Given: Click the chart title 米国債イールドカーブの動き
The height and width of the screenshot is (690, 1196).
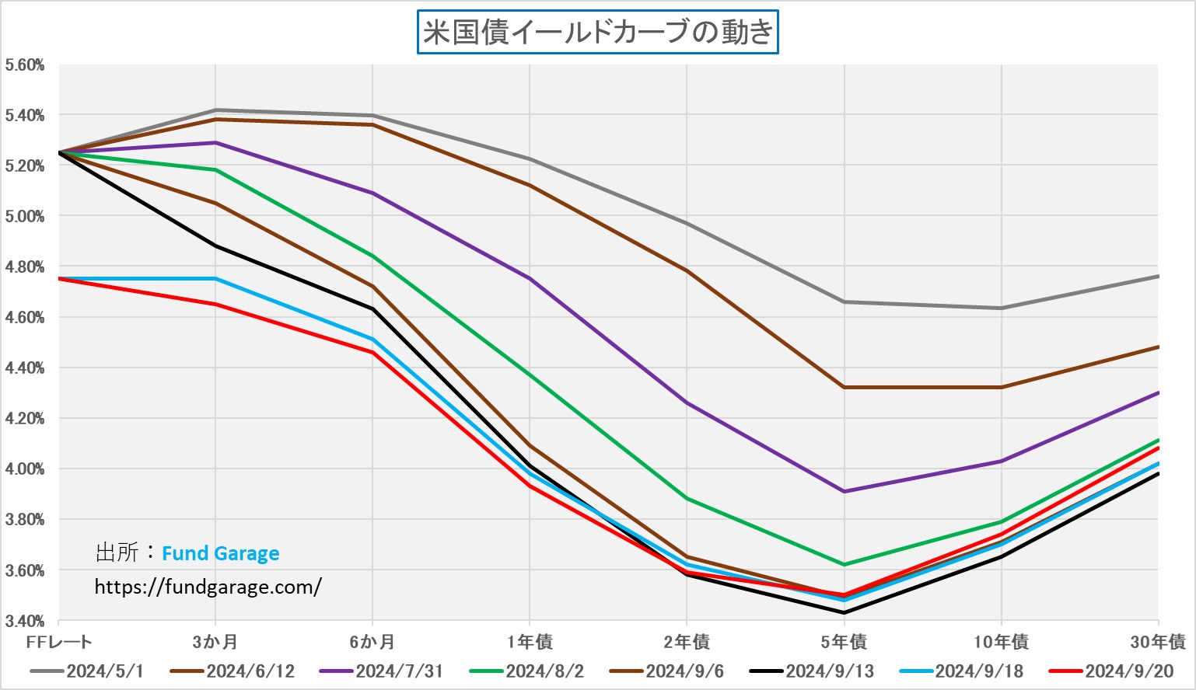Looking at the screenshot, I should click(x=597, y=32).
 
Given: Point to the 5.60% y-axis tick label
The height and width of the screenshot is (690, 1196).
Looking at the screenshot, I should click(x=24, y=65).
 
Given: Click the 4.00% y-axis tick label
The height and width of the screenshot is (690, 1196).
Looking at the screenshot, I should click(x=24, y=469).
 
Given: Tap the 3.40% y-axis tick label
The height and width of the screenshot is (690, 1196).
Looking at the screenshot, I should click(x=24, y=621).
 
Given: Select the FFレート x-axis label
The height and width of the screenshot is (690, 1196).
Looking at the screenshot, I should click(x=59, y=642).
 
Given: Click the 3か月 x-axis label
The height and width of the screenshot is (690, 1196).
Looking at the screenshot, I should click(x=215, y=642).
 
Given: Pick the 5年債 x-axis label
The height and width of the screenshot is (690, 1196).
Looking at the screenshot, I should click(x=844, y=642).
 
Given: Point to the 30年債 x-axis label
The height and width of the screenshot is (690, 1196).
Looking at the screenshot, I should click(x=1158, y=642).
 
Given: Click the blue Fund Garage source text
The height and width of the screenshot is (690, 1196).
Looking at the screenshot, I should click(x=220, y=553).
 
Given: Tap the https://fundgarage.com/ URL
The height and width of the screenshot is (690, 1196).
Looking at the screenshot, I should click(x=208, y=587).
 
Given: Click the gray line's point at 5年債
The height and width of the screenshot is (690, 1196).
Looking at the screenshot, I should click(x=844, y=301).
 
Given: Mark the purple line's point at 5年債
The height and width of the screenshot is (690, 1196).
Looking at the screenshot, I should click(x=844, y=491).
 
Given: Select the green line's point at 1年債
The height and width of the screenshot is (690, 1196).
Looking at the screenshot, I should click(x=530, y=375).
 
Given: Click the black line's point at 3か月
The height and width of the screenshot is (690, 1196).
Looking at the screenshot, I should click(x=215, y=246).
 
